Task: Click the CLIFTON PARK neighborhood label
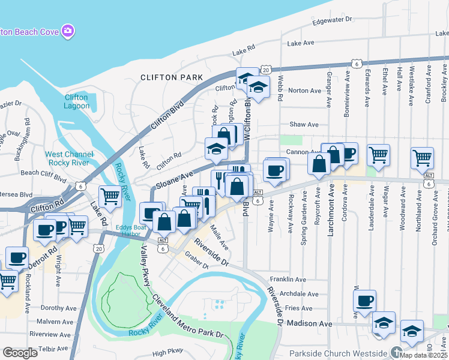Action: pos(171,77)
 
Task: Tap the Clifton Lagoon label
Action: pos(76,101)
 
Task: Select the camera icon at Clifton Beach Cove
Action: pos(68,30)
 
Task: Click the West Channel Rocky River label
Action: pos(68,158)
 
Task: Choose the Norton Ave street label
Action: pos(305,91)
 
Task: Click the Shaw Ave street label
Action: pos(304,124)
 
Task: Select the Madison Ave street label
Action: pos(309,323)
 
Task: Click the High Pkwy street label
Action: pos(167,353)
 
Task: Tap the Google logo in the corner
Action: pos(20,353)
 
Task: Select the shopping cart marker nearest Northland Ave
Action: pos(422,158)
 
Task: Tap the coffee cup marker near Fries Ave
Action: pos(366,301)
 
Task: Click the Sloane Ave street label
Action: pos(174,179)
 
